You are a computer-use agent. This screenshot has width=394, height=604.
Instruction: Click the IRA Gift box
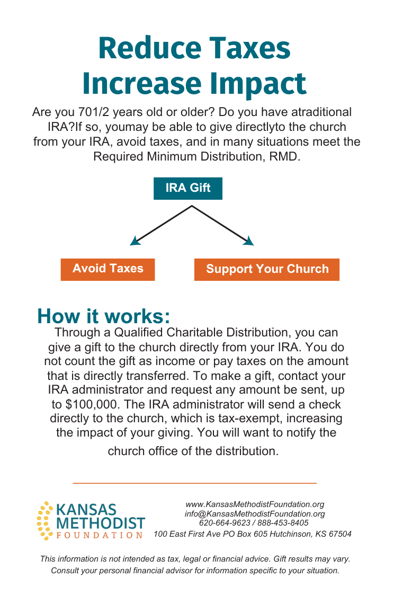point(188,188)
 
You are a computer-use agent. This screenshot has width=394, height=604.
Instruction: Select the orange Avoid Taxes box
point(108,269)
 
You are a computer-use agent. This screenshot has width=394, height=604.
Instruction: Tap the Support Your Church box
point(267,269)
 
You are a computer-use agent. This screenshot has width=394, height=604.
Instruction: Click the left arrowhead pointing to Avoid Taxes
point(135,241)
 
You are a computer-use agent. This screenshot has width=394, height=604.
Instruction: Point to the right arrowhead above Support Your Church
point(248,241)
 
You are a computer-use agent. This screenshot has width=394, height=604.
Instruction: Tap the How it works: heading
point(104,316)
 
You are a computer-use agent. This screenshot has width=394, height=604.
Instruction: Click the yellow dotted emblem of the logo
point(45,521)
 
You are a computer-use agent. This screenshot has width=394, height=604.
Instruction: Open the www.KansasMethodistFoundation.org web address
point(254,504)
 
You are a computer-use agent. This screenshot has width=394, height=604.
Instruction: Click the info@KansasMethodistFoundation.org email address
point(254,514)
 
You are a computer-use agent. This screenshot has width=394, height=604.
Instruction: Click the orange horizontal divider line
point(194,483)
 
